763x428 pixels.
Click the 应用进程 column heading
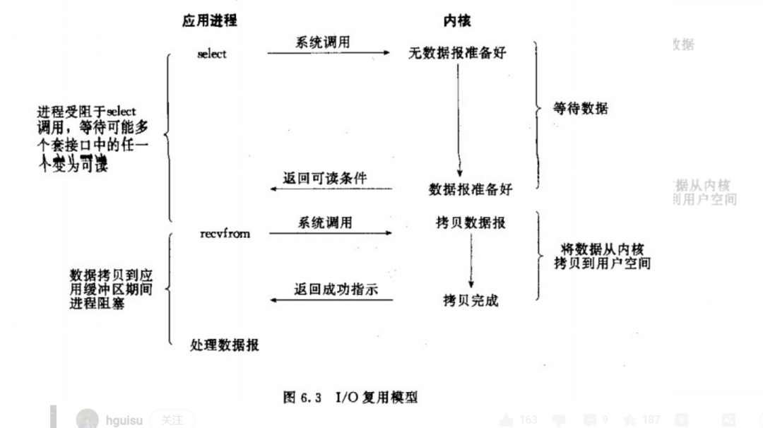click(x=209, y=20)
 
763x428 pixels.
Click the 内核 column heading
click(x=457, y=21)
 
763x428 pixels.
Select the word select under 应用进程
click(x=212, y=54)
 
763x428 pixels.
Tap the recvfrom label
click(x=225, y=233)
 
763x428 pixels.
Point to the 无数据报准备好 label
click(x=457, y=53)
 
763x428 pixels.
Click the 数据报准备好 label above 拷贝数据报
click(x=471, y=189)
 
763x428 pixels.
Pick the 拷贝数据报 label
click(x=471, y=223)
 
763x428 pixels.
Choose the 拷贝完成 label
click(x=471, y=300)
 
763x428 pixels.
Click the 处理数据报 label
click(x=225, y=345)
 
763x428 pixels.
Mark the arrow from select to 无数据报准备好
click(x=329, y=53)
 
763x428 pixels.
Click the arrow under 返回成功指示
click(x=332, y=301)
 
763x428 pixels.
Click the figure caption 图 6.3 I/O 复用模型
click(x=350, y=397)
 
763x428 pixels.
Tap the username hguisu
click(x=124, y=420)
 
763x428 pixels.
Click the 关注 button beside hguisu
click(x=172, y=420)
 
